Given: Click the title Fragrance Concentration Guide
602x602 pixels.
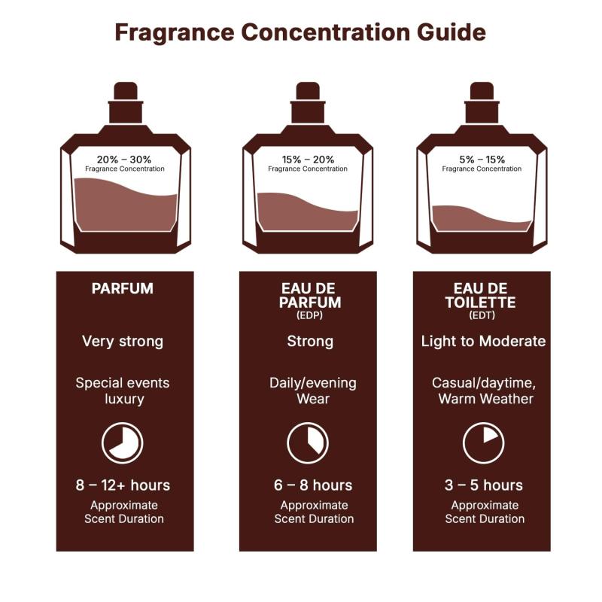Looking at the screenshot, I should point(300,32).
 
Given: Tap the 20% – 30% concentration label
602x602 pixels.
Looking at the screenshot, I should point(124,160).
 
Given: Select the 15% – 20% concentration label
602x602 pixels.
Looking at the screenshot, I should point(308,160).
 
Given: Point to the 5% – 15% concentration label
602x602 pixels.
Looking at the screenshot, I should point(482,160).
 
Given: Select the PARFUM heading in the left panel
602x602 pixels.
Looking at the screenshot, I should point(123,288).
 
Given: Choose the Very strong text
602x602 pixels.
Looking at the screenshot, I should point(123,342).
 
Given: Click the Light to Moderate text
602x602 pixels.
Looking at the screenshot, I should point(483,342).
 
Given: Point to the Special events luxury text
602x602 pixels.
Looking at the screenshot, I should point(123,391).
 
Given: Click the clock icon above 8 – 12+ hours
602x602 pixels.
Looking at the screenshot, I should point(123,443).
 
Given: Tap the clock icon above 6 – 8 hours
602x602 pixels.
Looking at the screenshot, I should point(308,443).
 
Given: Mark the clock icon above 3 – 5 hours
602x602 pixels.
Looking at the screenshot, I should point(483,443).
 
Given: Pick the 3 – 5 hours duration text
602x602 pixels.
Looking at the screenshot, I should point(483,485).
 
